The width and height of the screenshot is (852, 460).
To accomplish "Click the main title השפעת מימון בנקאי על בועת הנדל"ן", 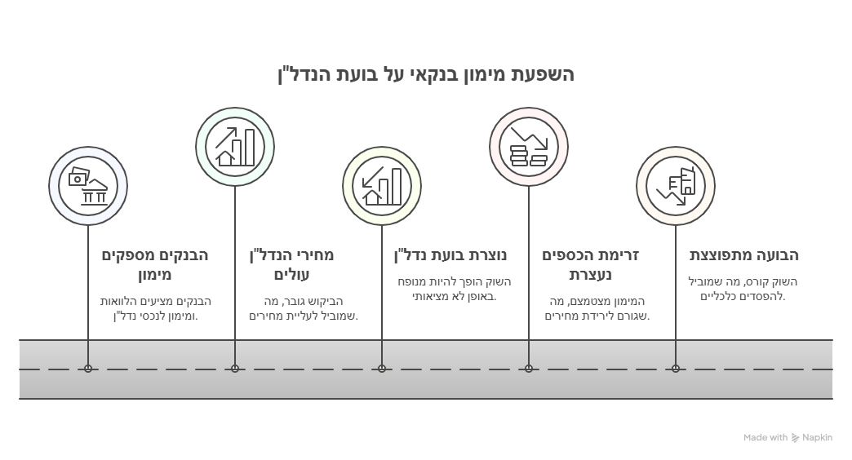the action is [x=426, y=74].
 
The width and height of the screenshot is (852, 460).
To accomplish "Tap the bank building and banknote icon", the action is [x=88, y=186].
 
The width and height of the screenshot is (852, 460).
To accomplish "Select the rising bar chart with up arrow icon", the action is [x=235, y=147].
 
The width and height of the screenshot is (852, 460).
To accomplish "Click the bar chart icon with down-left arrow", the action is [x=382, y=186].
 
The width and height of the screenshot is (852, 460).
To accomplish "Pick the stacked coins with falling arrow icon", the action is [x=529, y=147].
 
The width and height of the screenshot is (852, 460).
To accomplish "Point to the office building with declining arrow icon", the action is [x=676, y=186].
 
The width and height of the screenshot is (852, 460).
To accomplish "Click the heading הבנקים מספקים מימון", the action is [x=155, y=264].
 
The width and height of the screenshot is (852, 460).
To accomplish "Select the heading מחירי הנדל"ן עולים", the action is [x=292, y=264].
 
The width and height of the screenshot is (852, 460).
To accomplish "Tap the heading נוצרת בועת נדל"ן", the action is [x=450, y=255].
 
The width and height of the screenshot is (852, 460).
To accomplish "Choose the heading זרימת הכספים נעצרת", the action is [x=591, y=264].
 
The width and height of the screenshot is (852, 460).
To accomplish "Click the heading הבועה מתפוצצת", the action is [x=744, y=255].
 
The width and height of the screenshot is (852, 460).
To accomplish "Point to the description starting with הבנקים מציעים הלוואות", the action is [x=155, y=308].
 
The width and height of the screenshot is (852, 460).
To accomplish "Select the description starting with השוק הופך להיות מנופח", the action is [x=455, y=289].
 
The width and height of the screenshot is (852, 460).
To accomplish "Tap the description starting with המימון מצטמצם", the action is [x=597, y=308].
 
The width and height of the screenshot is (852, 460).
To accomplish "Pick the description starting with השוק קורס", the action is [x=743, y=289].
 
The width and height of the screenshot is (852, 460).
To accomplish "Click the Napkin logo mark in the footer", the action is [x=796, y=438].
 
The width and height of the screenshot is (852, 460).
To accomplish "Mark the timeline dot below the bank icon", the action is [x=88, y=369].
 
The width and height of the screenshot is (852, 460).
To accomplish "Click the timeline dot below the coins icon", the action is [x=529, y=369].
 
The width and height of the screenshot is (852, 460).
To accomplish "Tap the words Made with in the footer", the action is [x=765, y=438].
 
